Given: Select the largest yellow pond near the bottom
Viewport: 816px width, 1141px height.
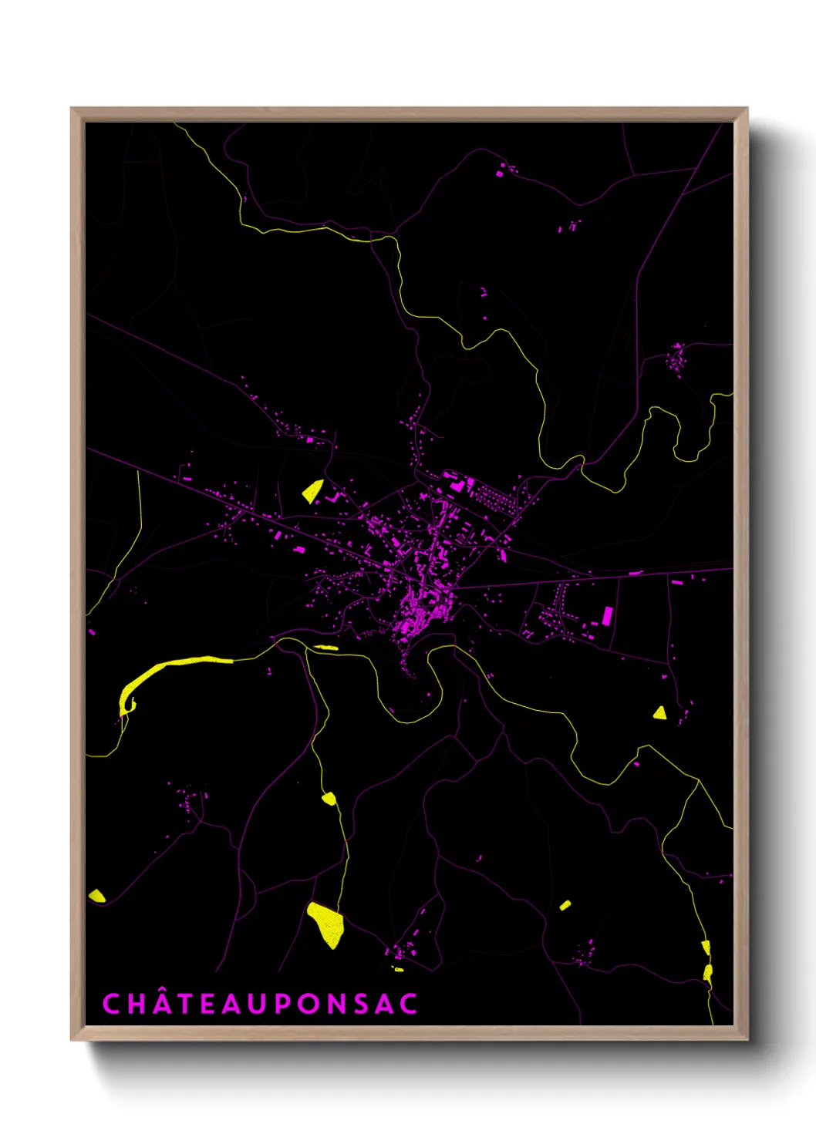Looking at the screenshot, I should pyautogui.click(x=326, y=924).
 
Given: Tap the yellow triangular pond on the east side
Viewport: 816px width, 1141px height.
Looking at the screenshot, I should pyautogui.click(x=659, y=713).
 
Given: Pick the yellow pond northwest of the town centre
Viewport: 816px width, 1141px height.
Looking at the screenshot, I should pyautogui.click(x=312, y=490).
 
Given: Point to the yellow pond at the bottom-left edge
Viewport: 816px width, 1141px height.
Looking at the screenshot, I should pyautogui.click(x=96, y=895).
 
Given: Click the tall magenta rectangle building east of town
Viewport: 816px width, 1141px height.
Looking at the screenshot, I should pyautogui.click(x=607, y=616).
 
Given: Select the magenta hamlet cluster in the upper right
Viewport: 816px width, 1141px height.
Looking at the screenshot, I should pyautogui.click(x=676, y=358).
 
